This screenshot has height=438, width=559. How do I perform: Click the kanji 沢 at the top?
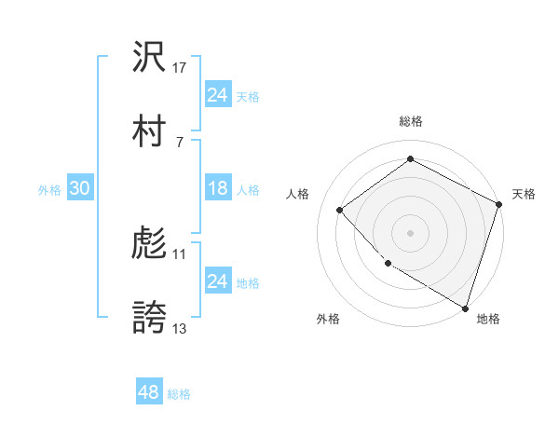(149, 59)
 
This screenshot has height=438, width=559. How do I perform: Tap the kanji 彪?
(149, 245)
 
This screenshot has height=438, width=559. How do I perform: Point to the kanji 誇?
(149, 318)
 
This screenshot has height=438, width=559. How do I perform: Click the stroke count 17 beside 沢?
(181, 68)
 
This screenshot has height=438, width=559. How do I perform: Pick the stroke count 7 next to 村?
(180, 141)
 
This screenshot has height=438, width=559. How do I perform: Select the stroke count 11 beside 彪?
(180, 253)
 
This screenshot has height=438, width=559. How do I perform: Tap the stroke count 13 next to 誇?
(180, 328)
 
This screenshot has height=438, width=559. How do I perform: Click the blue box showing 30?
(79, 189)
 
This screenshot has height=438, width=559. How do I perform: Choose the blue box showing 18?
(217, 189)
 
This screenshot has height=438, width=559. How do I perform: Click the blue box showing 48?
(148, 393)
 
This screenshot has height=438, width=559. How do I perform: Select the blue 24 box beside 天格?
(217, 95)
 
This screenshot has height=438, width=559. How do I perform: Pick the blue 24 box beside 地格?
(217, 281)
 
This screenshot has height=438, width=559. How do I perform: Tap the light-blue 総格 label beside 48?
(179, 394)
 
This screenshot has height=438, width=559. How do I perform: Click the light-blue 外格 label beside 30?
(49, 190)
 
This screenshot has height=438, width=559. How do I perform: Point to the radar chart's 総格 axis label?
(410, 122)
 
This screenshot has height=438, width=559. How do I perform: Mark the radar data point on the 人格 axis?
(340, 210)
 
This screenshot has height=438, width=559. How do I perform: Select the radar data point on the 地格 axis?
(465, 308)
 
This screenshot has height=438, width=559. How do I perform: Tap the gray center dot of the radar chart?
(410, 233)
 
